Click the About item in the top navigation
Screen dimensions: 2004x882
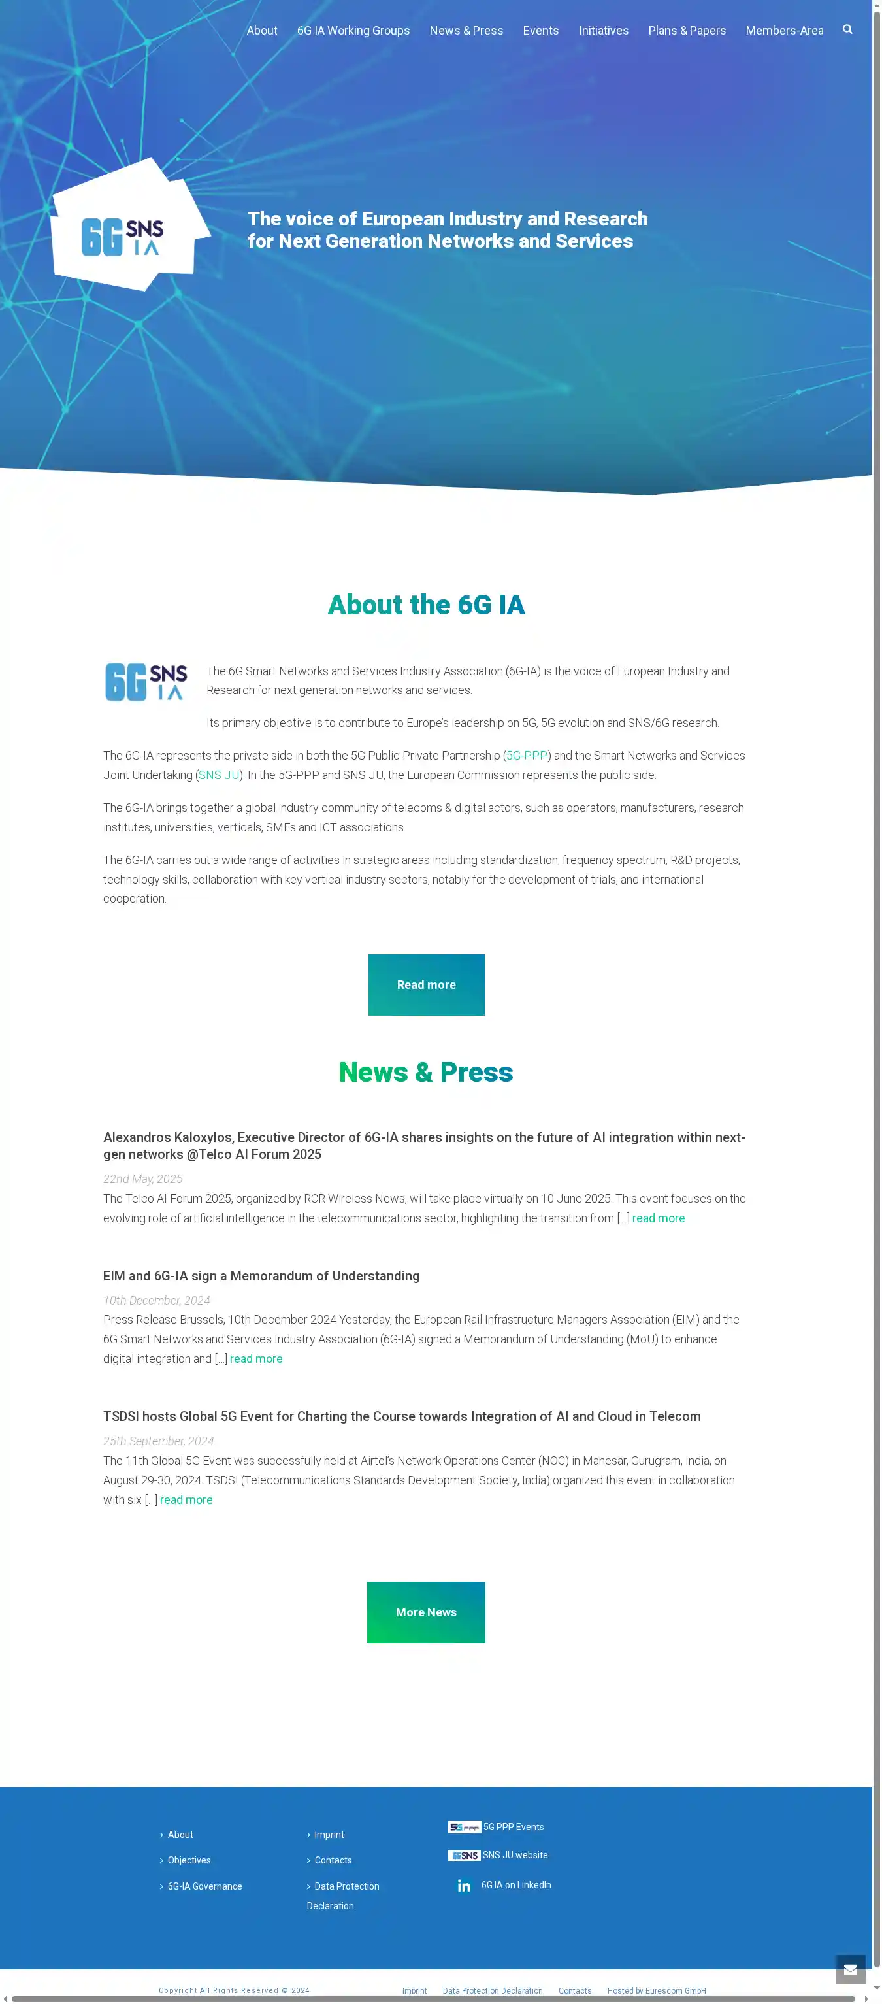pyautogui.click(x=261, y=30)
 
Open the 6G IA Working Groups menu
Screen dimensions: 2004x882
pyautogui.click(x=353, y=30)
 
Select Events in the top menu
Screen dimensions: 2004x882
pyautogui.click(x=540, y=30)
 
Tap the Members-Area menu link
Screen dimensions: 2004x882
pyautogui.click(x=784, y=30)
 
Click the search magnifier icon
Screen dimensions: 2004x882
pyautogui.click(x=847, y=29)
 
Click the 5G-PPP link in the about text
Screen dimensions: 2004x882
pyautogui.click(x=527, y=756)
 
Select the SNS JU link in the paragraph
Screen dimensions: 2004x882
pyautogui.click(x=219, y=775)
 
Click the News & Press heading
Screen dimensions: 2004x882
pyautogui.click(x=425, y=1072)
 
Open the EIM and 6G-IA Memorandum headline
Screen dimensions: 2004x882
pyautogui.click(x=261, y=1276)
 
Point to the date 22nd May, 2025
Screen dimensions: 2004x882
pyautogui.click(x=143, y=1178)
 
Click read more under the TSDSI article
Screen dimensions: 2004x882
pyautogui.click(x=186, y=1500)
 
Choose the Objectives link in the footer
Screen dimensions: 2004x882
pyautogui.click(x=189, y=1860)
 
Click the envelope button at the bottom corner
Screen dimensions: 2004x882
pyautogui.click(x=850, y=1969)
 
